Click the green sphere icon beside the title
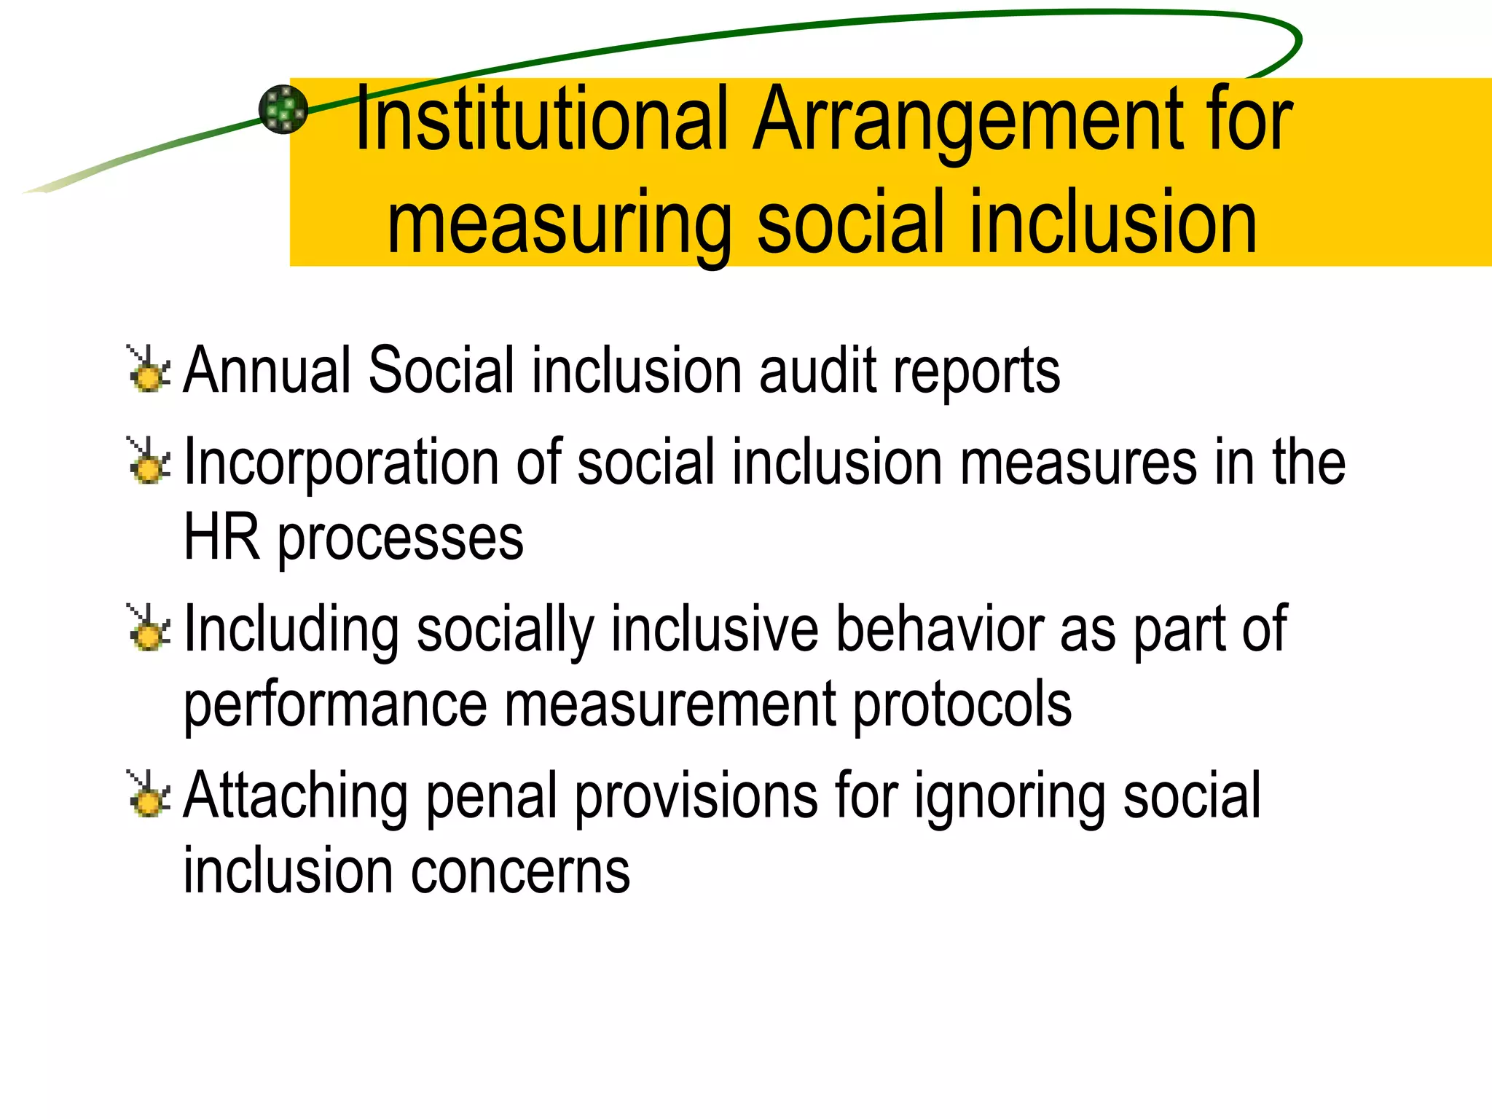[283, 109]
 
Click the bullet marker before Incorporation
[149, 460]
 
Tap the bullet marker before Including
[149, 627]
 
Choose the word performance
[335, 705]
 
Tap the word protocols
[962, 705]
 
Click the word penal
[492, 796]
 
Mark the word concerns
[520, 871]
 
